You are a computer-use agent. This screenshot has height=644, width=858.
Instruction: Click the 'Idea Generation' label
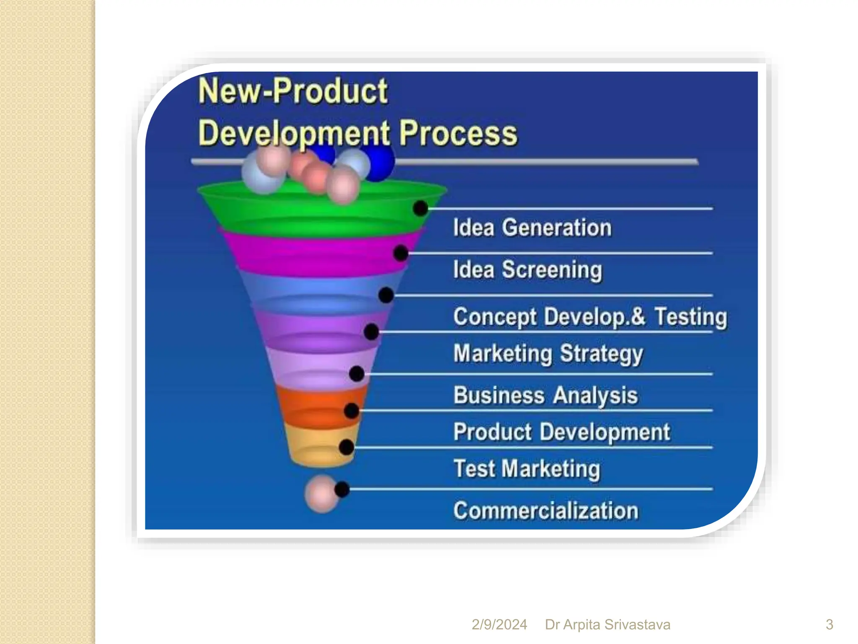click(x=532, y=228)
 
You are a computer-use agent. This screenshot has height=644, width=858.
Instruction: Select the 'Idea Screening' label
click(x=527, y=270)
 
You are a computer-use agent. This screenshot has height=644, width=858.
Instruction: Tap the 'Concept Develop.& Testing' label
click(x=590, y=317)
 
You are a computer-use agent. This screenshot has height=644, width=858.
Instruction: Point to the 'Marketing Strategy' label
click(x=548, y=354)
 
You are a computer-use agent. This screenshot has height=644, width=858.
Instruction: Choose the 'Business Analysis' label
click(x=545, y=395)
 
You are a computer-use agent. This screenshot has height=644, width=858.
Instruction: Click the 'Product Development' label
click(x=561, y=432)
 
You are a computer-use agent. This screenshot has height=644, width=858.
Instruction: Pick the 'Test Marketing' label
click(x=527, y=469)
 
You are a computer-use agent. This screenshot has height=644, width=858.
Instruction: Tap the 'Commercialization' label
click(x=545, y=511)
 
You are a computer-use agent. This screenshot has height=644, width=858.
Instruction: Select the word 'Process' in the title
click(x=458, y=133)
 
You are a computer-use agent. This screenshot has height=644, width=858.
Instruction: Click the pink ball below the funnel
click(x=320, y=494)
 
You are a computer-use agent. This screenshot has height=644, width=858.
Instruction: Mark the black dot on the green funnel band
click(x=420, y=208)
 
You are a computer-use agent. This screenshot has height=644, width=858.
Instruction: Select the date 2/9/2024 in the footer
click(x=499, y=624)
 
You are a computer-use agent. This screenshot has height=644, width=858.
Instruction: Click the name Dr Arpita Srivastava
click(x=607, y=624)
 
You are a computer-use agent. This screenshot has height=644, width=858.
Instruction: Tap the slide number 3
click(x=829, y=624)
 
